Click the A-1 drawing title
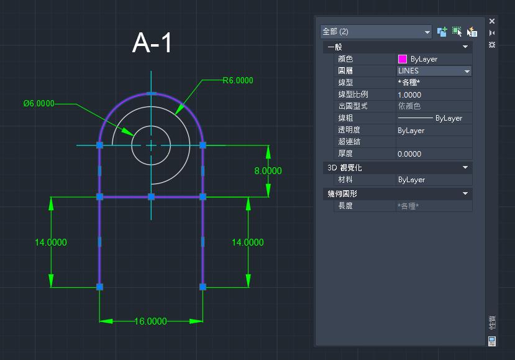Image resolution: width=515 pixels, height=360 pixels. coord(152,43)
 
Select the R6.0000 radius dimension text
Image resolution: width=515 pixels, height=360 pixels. coord(238,81)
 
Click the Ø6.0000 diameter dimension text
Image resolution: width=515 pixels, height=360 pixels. coord(39,104)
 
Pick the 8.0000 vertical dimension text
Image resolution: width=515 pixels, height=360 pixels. coord(268,171)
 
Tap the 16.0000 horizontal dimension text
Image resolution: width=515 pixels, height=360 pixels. coord(151,321)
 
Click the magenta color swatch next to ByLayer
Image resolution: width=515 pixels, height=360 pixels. coord(403,59)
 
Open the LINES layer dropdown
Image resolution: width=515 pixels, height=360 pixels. coord(467,71)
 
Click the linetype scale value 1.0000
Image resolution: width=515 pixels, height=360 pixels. coord(409,95)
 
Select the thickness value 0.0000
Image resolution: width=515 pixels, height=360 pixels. coord(409,154)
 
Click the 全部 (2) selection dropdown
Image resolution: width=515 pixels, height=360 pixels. coord(376,32)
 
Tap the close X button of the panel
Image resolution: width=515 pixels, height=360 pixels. coord(491,21)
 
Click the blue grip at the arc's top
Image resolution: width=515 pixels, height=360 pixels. coord(151,94)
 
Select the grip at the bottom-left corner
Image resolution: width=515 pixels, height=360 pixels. coord(99,287)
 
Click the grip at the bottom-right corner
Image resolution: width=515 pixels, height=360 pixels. coord(203,287)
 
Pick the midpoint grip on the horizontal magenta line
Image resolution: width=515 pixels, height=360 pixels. coord(151,197)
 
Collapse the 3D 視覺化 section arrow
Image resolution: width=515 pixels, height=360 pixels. coord(465,168)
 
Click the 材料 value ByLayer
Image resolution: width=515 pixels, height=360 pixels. coord(411,180)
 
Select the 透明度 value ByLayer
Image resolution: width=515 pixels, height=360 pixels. coord(411,131)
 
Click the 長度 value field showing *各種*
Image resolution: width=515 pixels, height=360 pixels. coord(408,206)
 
